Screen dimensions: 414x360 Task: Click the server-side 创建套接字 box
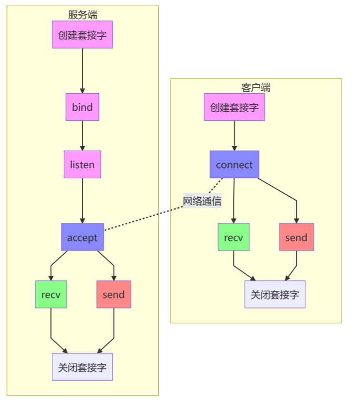tap(82, 34)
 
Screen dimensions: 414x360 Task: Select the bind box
tap(82, 107)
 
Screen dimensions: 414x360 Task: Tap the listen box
tap(82, 164)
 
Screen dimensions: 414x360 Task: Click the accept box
tap(82, 237)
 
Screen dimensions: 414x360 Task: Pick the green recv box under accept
tap(51, 294)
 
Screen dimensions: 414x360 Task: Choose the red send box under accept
tap(114, 294)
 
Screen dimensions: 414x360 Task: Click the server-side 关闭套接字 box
tap(82, 367)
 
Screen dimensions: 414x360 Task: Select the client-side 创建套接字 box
tap(234, 107)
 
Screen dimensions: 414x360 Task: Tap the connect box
tap(234, 164)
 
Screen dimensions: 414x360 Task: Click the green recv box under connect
tap(234, 237)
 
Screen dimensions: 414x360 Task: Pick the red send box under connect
tap(296, 237)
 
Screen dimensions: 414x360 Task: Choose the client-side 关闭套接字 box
tap(275, 294)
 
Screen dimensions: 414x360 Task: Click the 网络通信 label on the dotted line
tap(202, 201)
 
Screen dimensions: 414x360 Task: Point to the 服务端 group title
tap(82, 15)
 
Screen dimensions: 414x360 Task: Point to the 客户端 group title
tap(255, 87)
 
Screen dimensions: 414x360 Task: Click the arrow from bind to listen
tap(82, 135)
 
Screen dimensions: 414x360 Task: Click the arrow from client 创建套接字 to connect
tap(234, 135)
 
